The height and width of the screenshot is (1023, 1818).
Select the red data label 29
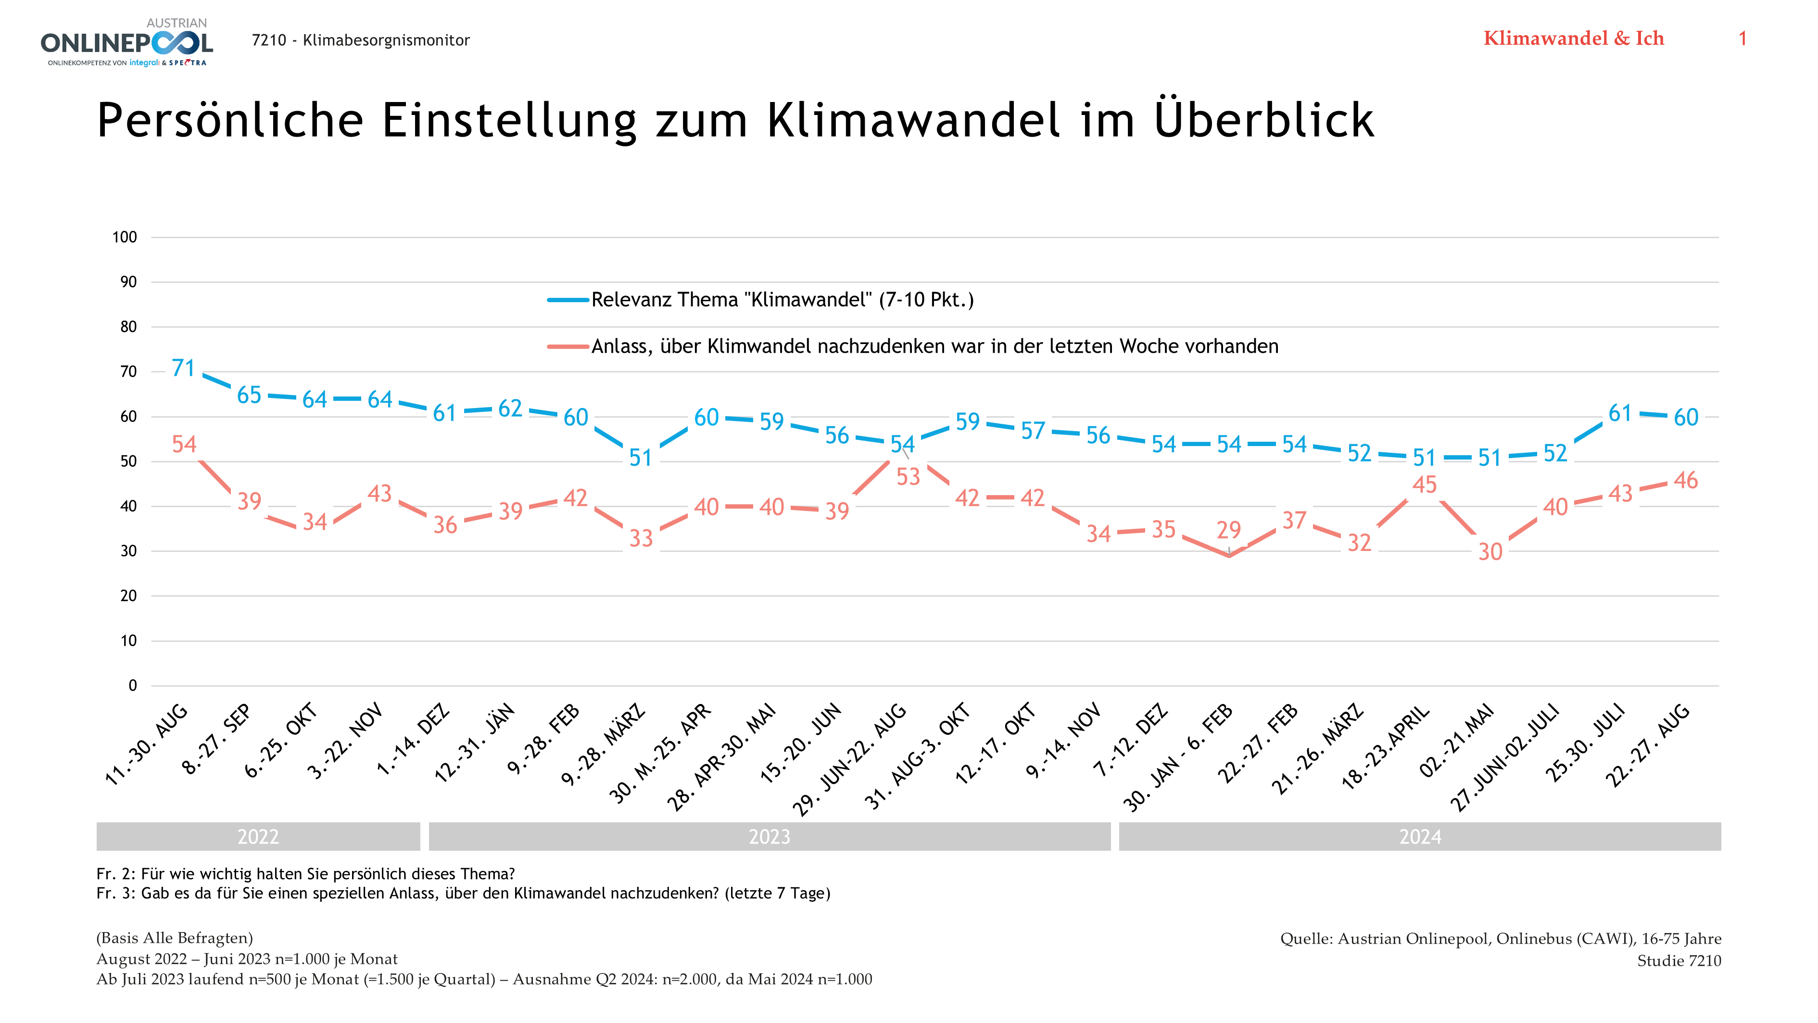1229,529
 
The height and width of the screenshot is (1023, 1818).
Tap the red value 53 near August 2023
909,477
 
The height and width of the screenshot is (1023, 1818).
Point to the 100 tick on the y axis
125,237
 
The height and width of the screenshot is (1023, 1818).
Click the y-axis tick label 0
133,686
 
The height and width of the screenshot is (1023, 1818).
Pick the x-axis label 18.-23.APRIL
1385,747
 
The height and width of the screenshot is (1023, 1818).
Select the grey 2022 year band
258,837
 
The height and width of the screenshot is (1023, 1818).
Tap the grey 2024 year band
1420,837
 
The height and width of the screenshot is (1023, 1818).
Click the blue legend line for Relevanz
568,300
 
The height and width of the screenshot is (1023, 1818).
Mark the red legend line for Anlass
568,346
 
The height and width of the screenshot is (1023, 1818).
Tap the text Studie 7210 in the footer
1679,961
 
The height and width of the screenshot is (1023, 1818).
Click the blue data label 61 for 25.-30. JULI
1620,413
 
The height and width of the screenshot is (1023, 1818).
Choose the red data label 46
1686,481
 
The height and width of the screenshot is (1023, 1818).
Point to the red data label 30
1490,552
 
